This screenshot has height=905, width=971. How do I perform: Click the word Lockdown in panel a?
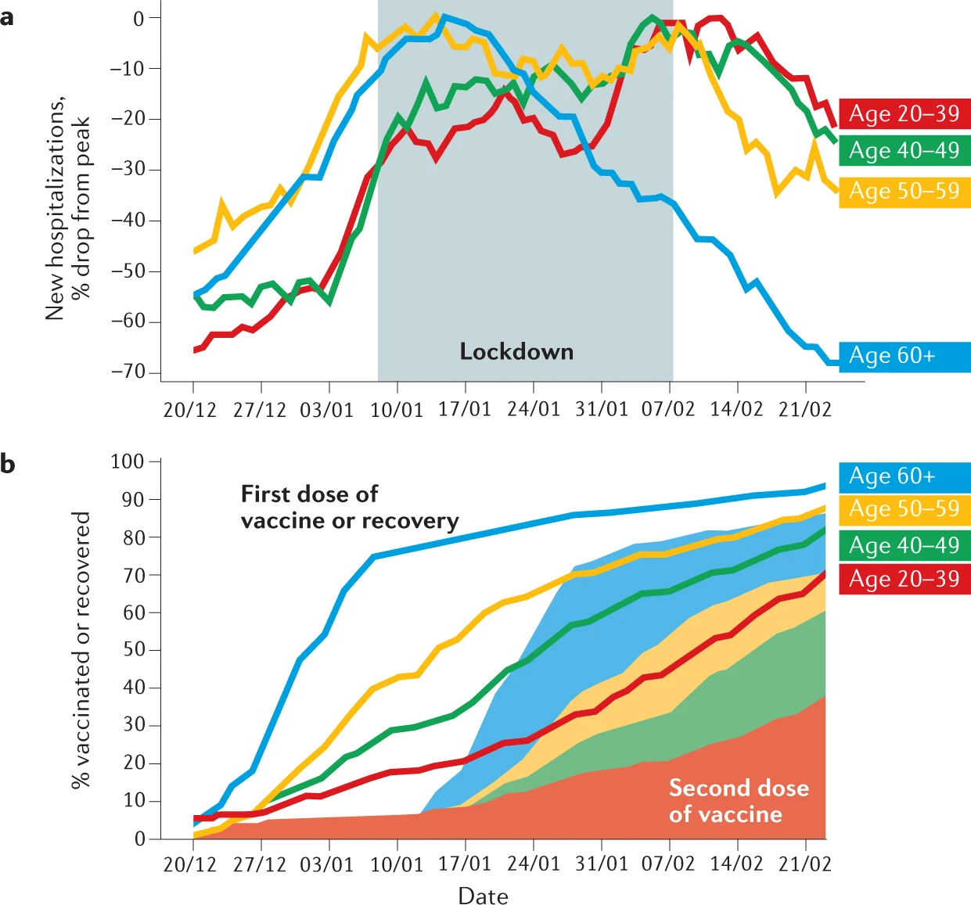pos(516,352)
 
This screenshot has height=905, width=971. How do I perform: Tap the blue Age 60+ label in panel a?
pos(904,356)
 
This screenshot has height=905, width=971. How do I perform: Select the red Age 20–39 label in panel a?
pos(904,113)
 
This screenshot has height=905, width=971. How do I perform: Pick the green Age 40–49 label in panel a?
pos(904,150)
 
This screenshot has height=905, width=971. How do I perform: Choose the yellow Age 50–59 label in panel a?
pos(904,191)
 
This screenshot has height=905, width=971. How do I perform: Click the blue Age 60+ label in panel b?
pos(904,476)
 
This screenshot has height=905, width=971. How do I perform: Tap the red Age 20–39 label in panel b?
pos(904,579)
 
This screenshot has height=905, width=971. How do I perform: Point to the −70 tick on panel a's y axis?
pos(128,372)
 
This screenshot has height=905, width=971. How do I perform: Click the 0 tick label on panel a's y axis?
pos(138,18)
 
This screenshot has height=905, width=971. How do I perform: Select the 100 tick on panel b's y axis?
pos(128,461)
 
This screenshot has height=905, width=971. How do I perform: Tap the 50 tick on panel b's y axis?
pos(134,650)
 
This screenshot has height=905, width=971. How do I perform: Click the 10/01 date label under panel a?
pos(397,410)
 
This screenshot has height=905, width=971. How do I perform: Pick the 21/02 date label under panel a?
pos(804,410)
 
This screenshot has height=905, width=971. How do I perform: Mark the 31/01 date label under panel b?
pos(601,864)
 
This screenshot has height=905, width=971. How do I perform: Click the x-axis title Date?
pos(483,896)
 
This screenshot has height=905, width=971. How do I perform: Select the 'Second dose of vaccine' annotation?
pos(738,801)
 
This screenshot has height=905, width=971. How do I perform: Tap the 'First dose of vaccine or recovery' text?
pos(349,508)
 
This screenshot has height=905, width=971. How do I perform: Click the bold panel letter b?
pos(8,465)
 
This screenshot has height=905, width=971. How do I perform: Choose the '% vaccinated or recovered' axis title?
pos(81,650)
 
